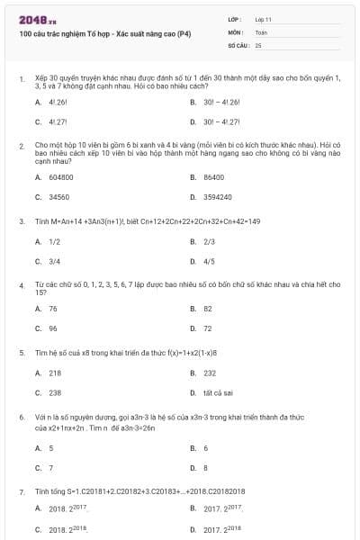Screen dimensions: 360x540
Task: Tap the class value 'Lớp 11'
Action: point(263,18)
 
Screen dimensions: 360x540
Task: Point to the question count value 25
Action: point(258,44)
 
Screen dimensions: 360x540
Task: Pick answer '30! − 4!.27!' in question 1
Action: point(222,121)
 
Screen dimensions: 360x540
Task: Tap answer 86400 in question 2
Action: point(213,177)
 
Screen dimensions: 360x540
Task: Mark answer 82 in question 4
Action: point(208,309)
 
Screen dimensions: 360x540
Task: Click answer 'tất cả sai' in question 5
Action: point(219,392)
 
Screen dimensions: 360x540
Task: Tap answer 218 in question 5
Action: point(55,373)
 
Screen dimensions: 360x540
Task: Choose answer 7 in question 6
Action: point(50,467)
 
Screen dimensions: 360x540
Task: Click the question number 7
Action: point(21,492)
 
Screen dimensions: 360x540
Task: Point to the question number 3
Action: point(21,220)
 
